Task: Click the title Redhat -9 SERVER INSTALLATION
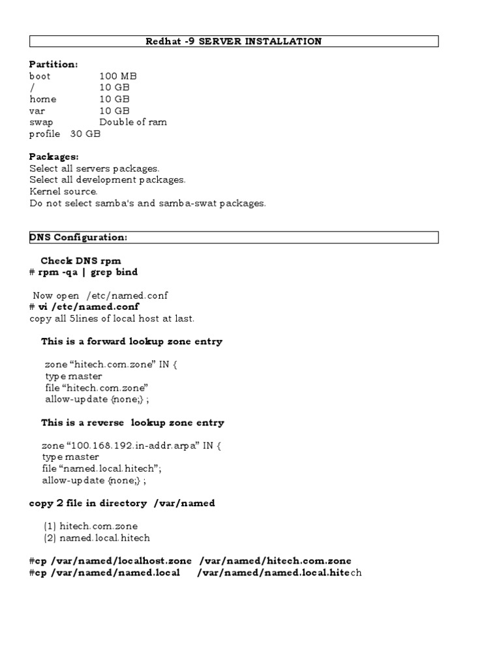click(x=234, y=42)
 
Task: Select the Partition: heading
click(x=53, y=65)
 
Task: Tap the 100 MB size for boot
click(x=118, y=76)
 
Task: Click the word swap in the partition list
click(x=41, y=123)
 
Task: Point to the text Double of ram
click(x=133, y=123)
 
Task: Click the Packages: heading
click(x=54, y=157)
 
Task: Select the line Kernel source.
click(x=63, y=192)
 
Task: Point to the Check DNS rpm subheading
click(x=81, y=261)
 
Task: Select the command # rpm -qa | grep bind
click(x=83, y=272)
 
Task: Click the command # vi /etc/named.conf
click(x=84, y=307)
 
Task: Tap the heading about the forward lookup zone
click(x=132, y=341)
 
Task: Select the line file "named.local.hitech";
click(x=101, y=469)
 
